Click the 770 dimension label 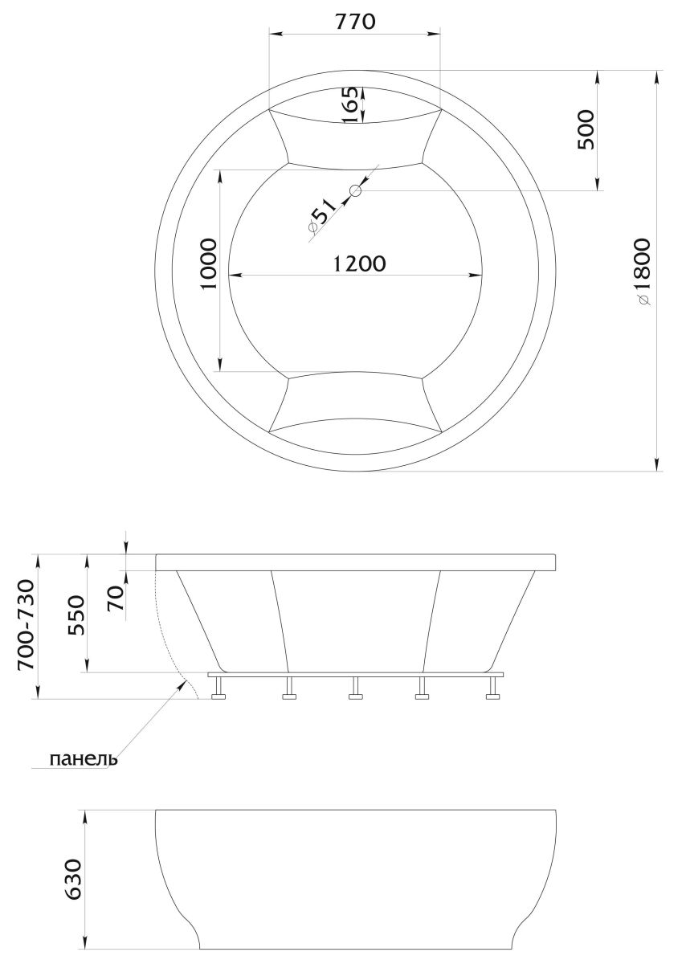[x=355, y=22]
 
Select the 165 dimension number [x=351, y=105]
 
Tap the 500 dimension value [x=585, y=129]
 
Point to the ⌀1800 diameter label [x=644, y=272]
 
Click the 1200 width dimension [x=360, y=263]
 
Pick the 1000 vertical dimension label [x=209, y=264]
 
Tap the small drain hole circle [x=355, y=190]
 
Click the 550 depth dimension [x=76, y=615]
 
